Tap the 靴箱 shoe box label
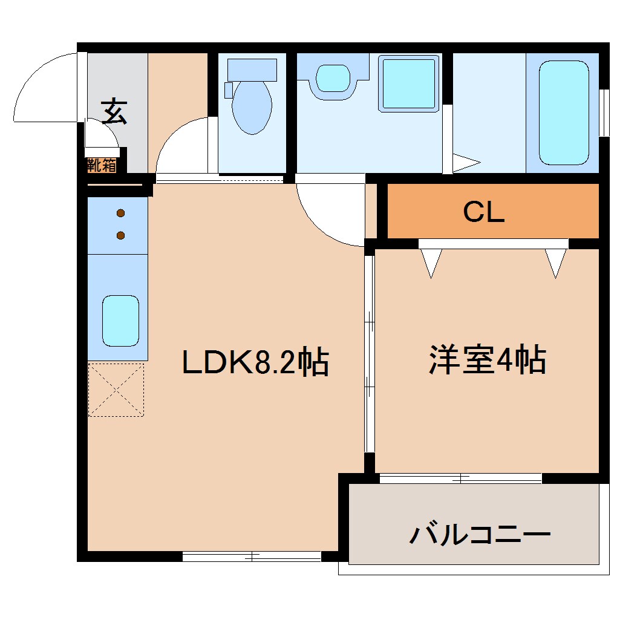101,165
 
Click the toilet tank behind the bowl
252,70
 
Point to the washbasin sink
333,79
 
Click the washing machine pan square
408,83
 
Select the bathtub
564,113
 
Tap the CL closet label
484,212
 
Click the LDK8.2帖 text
256,363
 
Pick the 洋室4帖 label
488,361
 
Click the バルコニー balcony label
480,535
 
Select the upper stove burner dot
120,213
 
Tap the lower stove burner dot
120,235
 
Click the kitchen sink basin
120,321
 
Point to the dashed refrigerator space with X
116,390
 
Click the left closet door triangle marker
431,263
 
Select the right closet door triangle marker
555,263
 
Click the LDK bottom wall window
252,555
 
